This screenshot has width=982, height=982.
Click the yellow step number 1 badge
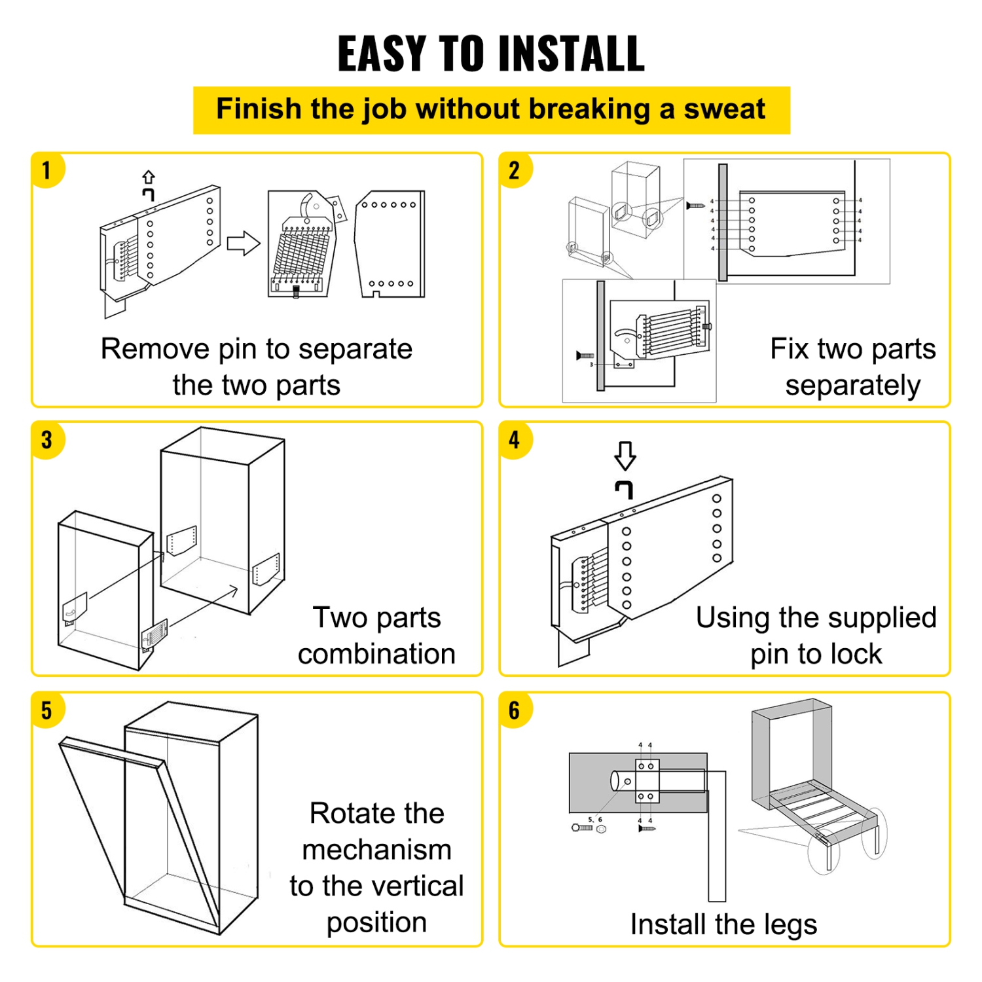tap(46, 171)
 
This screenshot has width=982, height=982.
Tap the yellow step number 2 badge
tap(515, 171)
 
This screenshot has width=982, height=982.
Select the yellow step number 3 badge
tap(46, 440)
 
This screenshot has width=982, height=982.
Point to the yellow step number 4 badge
tap(515, 440)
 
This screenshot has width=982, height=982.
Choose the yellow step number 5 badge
tap(46, 710)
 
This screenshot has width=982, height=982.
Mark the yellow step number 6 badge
tap(515, 710)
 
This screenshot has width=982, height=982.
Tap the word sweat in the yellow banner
tap(724, 109)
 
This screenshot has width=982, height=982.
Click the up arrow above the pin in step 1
tap(149, 177)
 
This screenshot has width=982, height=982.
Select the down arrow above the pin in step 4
tap(625, 455)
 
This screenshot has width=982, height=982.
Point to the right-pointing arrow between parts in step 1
tap(244, 244)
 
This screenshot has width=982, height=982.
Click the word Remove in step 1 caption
tap(155, 349)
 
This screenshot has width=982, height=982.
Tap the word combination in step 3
tap(376, 654)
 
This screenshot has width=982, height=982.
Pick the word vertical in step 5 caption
tap(415, 886)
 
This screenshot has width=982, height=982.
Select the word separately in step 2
tap(852, 386)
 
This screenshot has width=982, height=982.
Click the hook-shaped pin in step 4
tap(625, 489)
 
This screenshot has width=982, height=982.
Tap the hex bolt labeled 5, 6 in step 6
tap(582, 828)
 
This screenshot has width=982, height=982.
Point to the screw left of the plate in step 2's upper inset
tap(695, 206)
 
